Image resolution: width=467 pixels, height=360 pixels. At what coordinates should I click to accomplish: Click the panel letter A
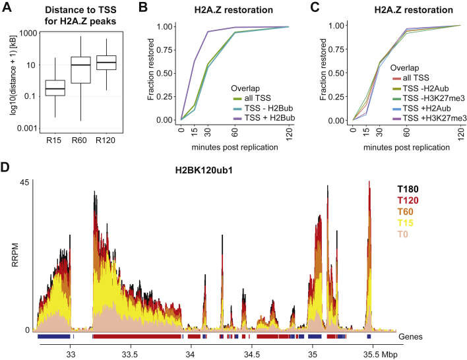(x=7, y=7)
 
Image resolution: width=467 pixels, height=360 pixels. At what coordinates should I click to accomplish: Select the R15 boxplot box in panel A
(x=55, y=88)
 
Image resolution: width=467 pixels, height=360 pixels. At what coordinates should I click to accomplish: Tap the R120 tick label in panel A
(x=106, y=140)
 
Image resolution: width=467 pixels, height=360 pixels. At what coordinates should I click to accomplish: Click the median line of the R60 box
(x=80, y=65)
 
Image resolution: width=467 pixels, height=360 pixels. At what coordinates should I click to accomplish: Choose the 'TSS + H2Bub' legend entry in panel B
(x=264, y=118)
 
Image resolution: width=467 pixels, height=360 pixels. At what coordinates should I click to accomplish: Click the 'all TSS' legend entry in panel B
(x=252, y=98)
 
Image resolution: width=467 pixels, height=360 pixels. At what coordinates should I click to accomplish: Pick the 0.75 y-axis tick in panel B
(x=164, y=49)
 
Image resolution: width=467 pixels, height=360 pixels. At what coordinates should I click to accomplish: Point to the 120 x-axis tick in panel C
(x=461, y=133)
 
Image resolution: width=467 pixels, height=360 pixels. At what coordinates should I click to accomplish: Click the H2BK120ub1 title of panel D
(x=204, y=170)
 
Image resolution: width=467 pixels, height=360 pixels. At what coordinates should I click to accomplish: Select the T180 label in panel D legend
(x=408, y=189)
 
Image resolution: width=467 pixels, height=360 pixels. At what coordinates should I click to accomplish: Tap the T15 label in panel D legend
(x=406, y=223)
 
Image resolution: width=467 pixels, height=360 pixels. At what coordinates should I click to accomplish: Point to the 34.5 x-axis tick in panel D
(x=252, y=355)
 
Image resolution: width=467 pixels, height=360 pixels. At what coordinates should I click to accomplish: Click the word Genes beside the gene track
(x=410, y=337)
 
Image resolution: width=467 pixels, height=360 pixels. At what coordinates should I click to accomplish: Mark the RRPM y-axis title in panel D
(x=15, y=255)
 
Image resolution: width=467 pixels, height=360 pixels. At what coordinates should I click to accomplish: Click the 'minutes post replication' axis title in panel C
(x=406, y=148)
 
